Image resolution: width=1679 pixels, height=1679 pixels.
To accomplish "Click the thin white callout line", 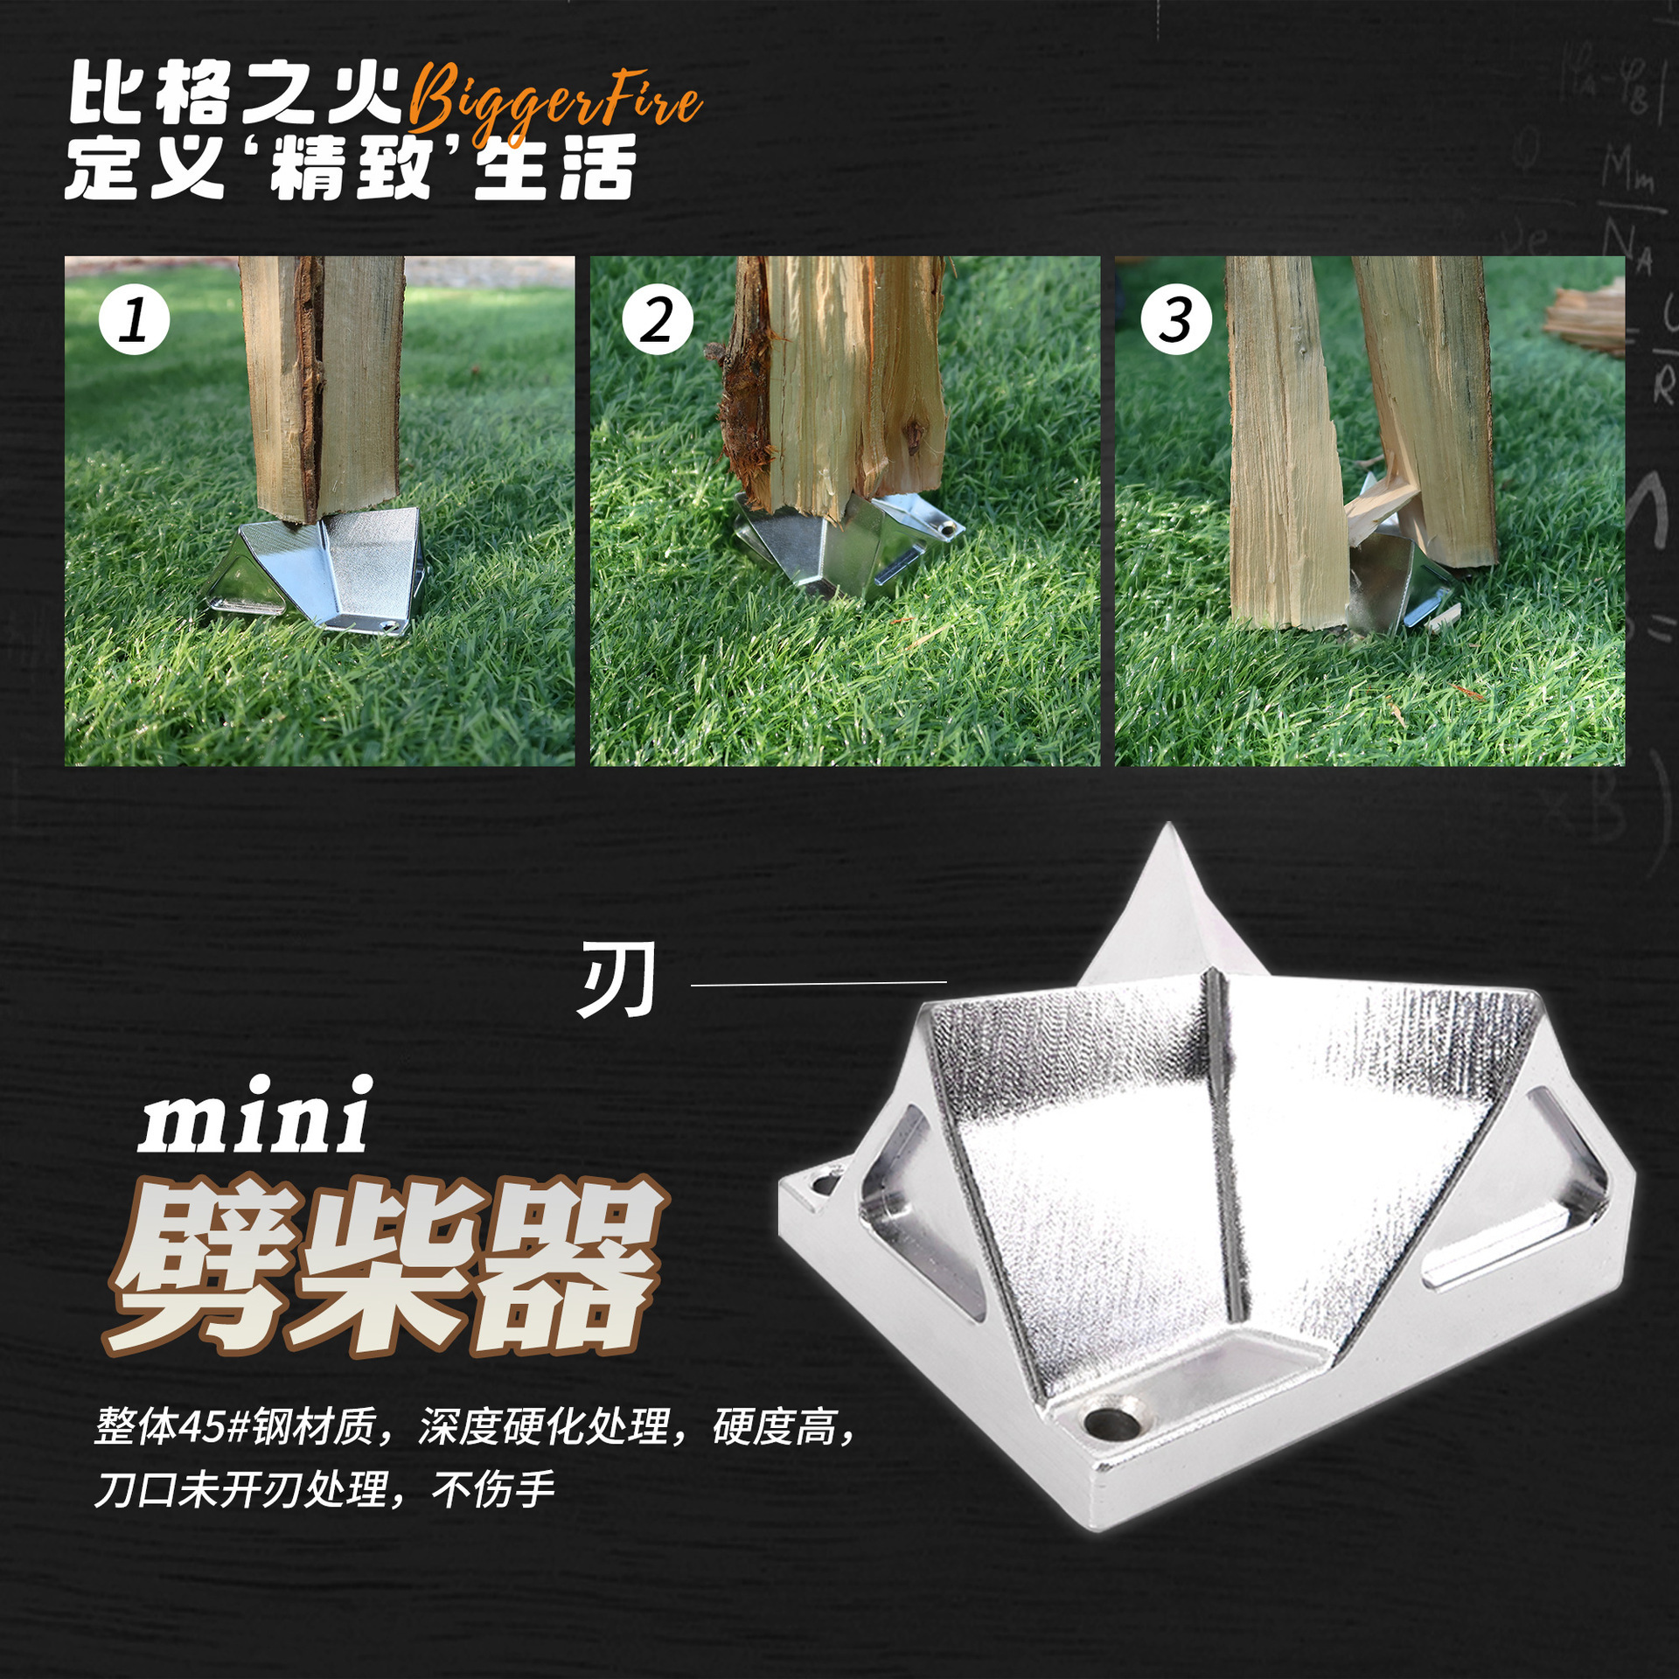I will [x=819, y=984].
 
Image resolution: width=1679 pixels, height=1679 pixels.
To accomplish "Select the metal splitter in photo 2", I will [x=839, y=547].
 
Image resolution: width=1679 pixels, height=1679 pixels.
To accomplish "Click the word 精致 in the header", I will [x=352, y=168].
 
